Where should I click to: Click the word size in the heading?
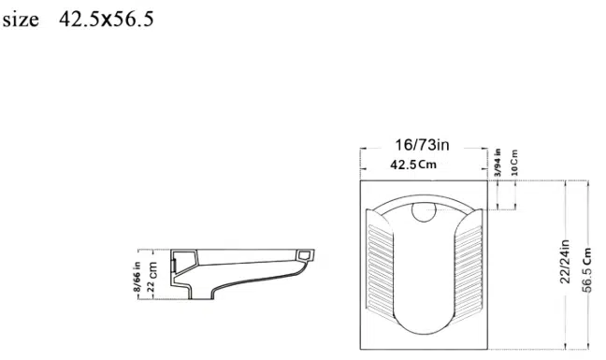pos(21,20)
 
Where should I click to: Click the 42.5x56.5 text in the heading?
pos(107,19)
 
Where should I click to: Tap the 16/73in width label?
pos(422,145)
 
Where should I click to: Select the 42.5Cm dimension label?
pos(413,165)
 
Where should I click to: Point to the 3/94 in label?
pos(498,163)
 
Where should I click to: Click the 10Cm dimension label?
pos(514,163)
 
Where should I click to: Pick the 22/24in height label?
pos(565,262)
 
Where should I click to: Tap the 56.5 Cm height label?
pos(586,269)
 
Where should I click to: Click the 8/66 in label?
pos(137,276)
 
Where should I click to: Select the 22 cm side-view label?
pos(151,277)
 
